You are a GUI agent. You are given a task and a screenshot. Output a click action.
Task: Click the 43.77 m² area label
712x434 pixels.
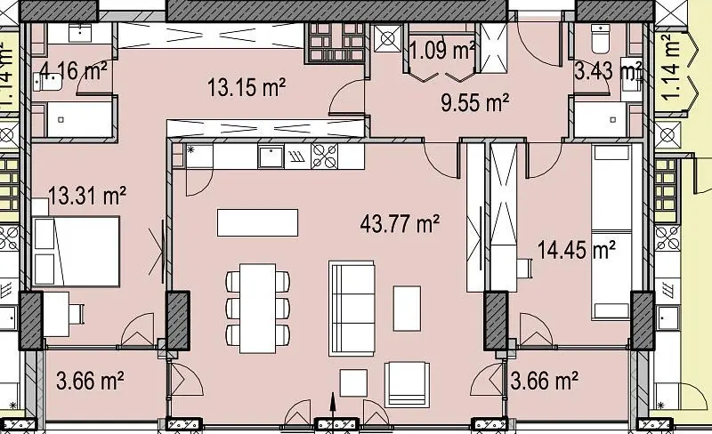[x=400, y=223]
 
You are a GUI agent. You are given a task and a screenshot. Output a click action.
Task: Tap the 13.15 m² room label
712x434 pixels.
[x=247, y=87]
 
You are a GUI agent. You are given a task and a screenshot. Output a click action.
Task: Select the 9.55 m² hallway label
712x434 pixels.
[x=474, y=102]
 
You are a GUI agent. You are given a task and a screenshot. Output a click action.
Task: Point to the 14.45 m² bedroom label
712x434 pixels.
[x=577, y=250]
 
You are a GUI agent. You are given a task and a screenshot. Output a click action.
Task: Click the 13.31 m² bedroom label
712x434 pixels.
[x=86, y=196]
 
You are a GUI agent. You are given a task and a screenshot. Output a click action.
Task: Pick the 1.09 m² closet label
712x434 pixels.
[x=442, y=50]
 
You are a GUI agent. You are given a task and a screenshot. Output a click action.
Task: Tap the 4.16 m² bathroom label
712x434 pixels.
[x=73, y=71]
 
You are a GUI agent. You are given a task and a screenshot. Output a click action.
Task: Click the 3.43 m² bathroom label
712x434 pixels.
[x=608, y=71]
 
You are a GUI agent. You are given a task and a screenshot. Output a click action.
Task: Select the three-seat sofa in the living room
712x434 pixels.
[x=352, y=308]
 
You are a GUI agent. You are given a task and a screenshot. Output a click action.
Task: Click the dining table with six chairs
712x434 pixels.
[x=258, y=309]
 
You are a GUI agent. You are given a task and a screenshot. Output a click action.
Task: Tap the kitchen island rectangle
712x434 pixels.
[x=257, y=222]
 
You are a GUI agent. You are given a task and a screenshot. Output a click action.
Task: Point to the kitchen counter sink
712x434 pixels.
[x=271, y=157]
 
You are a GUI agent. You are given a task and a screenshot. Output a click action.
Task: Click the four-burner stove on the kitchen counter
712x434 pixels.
[x=324, y=157]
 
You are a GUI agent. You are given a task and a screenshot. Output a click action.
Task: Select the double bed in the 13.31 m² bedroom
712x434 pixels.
[x=77, y=251]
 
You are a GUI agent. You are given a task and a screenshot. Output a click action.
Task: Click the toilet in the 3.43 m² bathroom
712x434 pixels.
[x=600, y=38]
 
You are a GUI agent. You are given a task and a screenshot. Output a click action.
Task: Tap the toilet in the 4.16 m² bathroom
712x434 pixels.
[x=48, y=82]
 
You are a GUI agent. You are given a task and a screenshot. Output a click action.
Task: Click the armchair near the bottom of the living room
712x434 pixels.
[x=407, y=384]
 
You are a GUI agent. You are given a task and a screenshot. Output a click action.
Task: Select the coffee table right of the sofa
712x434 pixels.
[x=407, y=309]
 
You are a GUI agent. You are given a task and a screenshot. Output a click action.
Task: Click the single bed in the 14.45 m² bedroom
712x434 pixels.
[x=611, y=231]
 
